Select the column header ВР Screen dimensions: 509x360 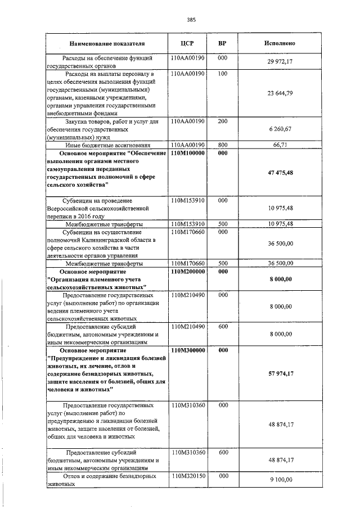(x=222, y=43)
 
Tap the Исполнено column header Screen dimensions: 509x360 (x=280, y=43)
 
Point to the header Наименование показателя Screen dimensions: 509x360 (x=107, y=43)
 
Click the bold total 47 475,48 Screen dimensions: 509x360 (x=280, y=172)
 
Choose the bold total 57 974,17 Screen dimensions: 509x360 (x=280, y=373)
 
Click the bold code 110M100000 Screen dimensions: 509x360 (x=187, y=153)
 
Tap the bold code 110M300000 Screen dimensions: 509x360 (x=187, y=350)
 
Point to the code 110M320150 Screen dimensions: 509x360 (x=187, y=476)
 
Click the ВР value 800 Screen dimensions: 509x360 (x=222, y=145)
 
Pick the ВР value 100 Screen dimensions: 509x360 (x=222, y=74)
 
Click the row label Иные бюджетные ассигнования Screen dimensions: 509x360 (x=107, y=145)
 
